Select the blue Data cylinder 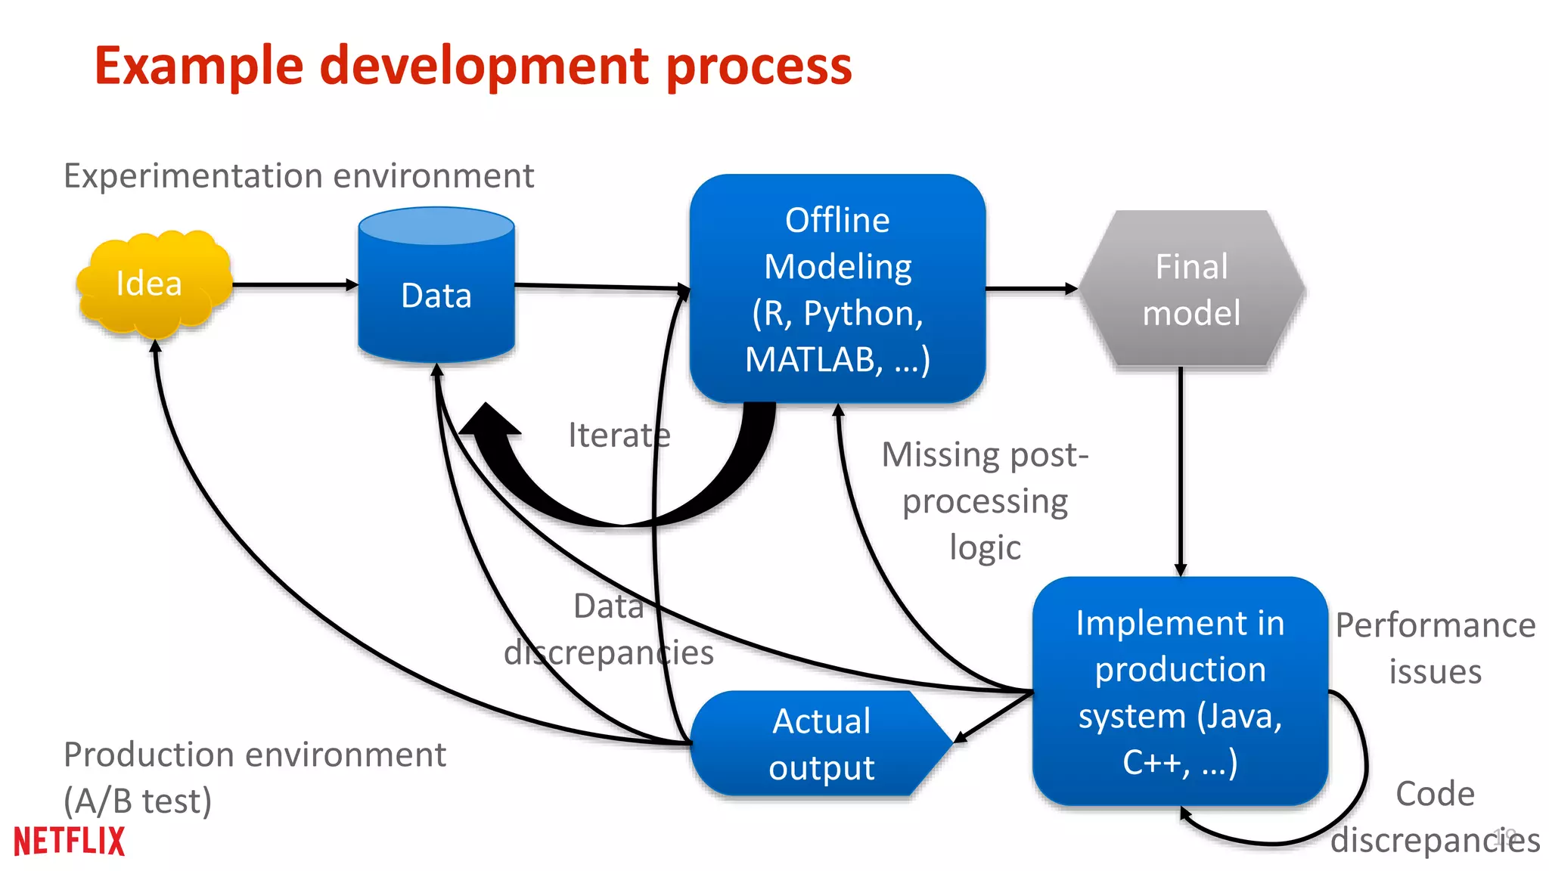pos(436,295)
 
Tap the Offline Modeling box pos(837,289)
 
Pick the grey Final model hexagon pos(1191,290)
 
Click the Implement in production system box pos(1180,691)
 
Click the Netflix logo pos(69,841)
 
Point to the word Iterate pos(619,435)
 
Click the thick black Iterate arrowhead pos(489,423)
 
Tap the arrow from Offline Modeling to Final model pos(1030,288)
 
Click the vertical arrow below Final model pos(1180,469)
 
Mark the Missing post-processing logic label pos(985,501)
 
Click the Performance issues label pos(1435,648)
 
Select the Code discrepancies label pos(1435,817)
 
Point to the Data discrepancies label pos(609,629)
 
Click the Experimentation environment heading pos(299,176)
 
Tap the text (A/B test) pos(138,801)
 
